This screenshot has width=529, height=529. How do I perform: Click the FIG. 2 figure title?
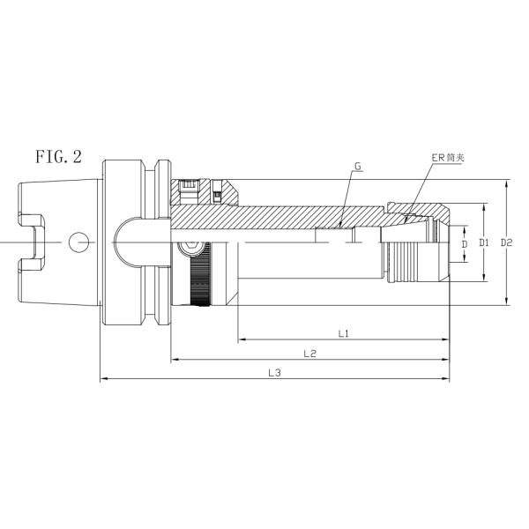pos(59,157)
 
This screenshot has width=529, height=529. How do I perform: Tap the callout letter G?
pos(358,166)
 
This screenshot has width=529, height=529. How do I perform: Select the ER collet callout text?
pos(448,158)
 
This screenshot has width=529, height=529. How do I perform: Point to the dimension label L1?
pos(343,333)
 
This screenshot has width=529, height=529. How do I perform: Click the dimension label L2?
pos(309,354)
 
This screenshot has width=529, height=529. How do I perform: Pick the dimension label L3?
pos(274,373)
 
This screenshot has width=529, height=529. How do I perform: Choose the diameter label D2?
pos(506,242)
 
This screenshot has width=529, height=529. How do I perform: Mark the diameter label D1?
pos(484,242)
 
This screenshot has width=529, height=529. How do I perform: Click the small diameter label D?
pos(465,244)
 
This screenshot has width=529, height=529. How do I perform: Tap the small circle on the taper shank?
pos(78,242)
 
